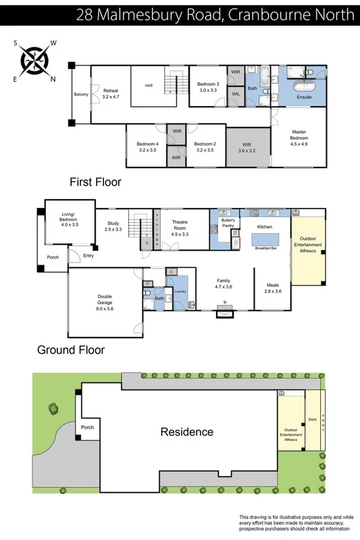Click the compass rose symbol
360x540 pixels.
click(x=33, y=60)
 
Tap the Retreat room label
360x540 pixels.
click(x=110, y=93)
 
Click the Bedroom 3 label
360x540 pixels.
click(x=207, y=86)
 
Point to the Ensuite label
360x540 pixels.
click(x=304, y=97)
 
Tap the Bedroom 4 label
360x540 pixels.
click(x=147, y=146)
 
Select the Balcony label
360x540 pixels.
click(x=81, y=94)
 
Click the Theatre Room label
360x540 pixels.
click(x=180, y=226)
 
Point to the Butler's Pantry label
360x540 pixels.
click(x=228, y=223)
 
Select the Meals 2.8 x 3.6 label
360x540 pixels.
click(x=272, y=288)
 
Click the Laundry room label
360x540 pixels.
click(x=180, y=291)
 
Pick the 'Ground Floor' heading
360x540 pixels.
click(x=70, y=350)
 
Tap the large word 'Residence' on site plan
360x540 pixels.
click(x=186, y=431)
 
